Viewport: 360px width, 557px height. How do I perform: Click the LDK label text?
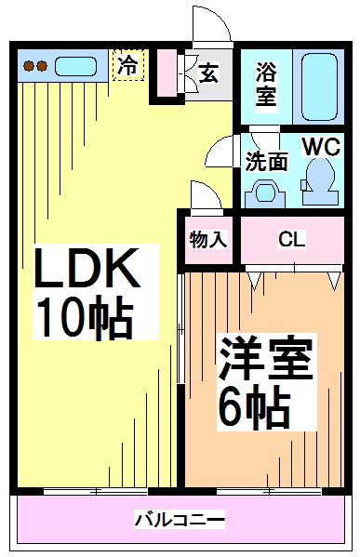tap(87, 271)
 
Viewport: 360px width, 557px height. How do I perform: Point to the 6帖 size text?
tap(252, 406)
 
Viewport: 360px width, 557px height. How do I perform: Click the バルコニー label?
tap(179, 518)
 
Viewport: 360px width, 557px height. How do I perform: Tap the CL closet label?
tap(292, 239)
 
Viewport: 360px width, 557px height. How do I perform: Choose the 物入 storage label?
tap(208, 238)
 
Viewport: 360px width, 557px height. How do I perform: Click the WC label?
tap(319, 147)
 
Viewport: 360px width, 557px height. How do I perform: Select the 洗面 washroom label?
tap(266, 160)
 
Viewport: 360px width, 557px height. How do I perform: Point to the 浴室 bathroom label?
tap(267, 84)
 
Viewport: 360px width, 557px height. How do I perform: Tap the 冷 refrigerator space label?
tap(127, 65)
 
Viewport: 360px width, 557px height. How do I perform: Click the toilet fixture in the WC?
tap(319, 176)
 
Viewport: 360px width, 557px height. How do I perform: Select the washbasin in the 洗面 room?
tap(265, 193)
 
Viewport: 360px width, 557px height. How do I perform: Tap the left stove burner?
tap(29, 66)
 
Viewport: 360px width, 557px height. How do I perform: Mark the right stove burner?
tap(42, 66)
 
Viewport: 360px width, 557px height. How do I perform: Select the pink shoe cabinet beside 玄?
tap(167, 73)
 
